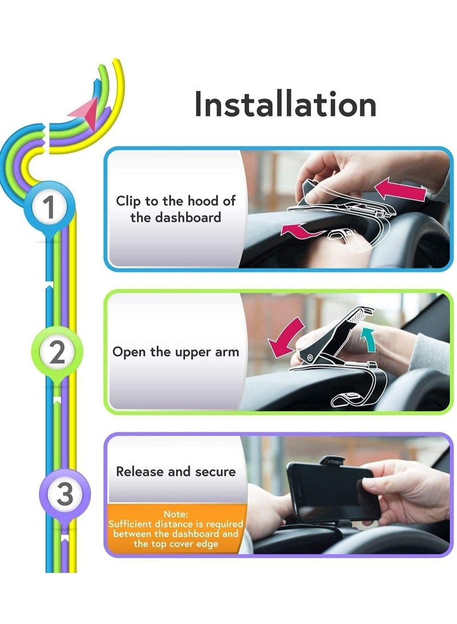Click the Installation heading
tap(285, 105)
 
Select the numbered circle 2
tap(57, 354)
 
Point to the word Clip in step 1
tap(128, 201)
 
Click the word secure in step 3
tap(215, 471)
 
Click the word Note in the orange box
tap(176, 514)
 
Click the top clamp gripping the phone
tap(332, 461)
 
